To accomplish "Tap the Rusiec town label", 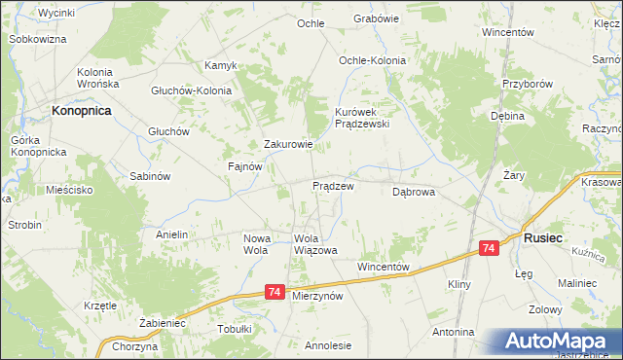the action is click(541, 236).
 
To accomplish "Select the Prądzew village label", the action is click(332, 185).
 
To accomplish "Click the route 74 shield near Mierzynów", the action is click(275, 292).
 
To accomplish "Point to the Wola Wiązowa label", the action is click(314, 244).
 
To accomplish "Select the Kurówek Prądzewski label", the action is click(362, 118).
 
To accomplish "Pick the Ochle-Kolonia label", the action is click(372, 60).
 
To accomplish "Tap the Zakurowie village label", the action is click(288, 145).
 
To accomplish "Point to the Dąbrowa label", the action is click(413, 193).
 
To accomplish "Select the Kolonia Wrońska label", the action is click(97, 79).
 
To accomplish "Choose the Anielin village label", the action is click(171, 234).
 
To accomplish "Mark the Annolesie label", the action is click(328, 344).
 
